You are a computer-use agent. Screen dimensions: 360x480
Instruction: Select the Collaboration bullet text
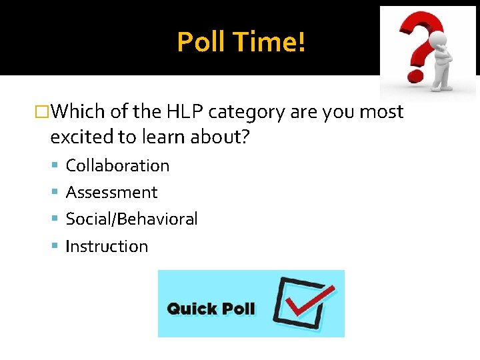coord(117,165)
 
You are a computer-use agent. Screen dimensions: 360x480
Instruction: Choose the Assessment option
coord(111,193)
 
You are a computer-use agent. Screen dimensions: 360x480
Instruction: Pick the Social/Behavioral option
coord(131,219)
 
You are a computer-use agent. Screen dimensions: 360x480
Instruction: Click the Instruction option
coord(107,246)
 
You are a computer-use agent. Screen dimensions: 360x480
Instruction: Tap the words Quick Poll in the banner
coord(211,309)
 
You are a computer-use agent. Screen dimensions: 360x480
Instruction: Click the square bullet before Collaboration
coord(57,165)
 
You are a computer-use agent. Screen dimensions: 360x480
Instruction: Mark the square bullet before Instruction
coord(57,246)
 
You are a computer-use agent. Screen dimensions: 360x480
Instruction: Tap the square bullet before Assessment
coord(57,193)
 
